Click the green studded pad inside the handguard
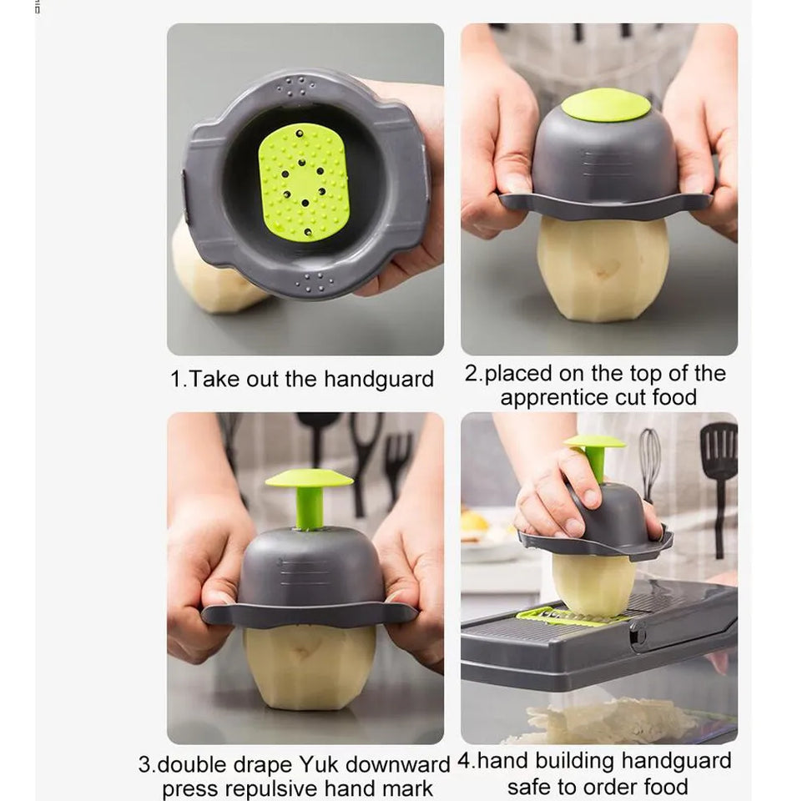[305, 183]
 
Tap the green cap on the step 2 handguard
[606, 105]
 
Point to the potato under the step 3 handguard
[310, 667]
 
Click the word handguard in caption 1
[379, 380]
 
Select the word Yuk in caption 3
[319, 765]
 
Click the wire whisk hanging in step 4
[649, 462]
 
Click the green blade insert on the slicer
[573, 616]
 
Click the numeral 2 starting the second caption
[472, 374]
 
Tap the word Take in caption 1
[214, 380]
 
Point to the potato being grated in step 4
[593, 585]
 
